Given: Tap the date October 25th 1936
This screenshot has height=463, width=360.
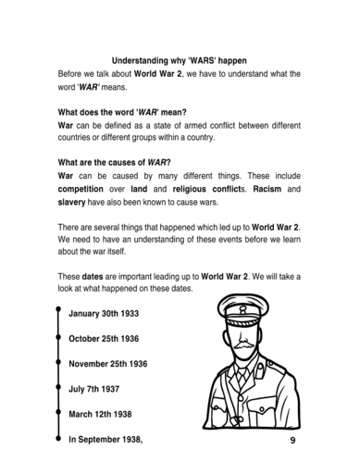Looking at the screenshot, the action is (107, 339).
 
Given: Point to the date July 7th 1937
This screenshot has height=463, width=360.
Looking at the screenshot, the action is (96, 389).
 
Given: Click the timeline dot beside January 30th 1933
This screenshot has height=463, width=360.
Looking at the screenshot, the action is (57, 314).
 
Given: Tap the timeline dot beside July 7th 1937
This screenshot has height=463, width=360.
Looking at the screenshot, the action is (57, 389).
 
